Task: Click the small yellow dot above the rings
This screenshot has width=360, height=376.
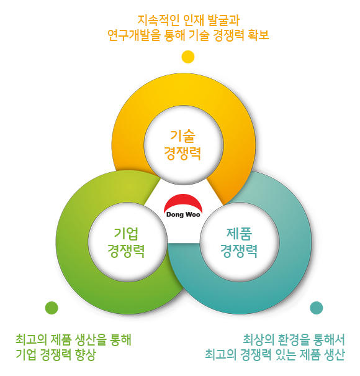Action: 188,57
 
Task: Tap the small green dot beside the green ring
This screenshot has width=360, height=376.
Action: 52,308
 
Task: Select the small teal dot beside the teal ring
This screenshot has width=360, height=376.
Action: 316,308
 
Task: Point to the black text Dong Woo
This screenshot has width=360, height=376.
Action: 183,214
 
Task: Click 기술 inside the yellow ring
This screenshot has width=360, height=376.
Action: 182,136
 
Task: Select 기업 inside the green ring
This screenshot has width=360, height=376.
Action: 126,233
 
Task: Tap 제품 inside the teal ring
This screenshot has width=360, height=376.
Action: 239,233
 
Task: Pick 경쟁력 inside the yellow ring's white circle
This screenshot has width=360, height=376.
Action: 182,154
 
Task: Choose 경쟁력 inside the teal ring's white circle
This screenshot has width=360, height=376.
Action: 239,251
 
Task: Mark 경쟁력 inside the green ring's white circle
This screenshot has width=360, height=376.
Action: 126,251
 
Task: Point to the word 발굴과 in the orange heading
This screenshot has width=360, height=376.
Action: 223,21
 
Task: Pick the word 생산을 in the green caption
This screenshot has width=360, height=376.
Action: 90,339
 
